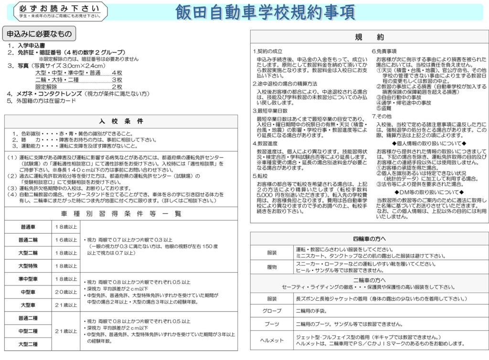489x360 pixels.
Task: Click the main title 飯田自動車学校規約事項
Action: pos(265,12)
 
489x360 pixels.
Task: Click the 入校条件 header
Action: pos(121,121)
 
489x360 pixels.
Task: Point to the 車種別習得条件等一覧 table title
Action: pos(121,213)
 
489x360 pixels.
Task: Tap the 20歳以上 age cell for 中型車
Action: pos(65,292)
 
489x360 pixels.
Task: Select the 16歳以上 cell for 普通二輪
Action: pos(65,239)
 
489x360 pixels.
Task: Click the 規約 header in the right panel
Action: pos(369,37)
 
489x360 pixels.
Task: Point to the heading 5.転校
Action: pos(261,176)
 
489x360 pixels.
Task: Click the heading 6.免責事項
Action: pos(384,51)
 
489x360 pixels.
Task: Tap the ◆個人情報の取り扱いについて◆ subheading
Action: pos(428,143)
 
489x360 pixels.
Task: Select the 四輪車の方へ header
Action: pos(369,238)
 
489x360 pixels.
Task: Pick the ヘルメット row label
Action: pos(272,340)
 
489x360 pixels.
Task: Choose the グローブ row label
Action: pos(272,311)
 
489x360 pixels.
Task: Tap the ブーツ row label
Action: pos(272,324)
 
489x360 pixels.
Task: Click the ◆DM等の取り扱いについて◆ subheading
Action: pos(428,192)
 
